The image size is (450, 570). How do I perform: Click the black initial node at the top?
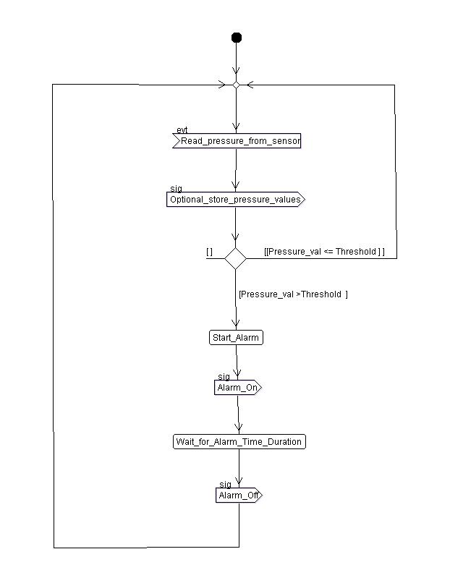tap(236, 38)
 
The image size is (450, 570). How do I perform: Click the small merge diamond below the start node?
tap(236, 85)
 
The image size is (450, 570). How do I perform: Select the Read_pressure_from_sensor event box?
tap(237, 141)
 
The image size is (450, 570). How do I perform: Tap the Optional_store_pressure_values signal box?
tap(236, 199)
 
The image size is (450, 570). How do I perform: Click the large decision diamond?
tap(235, 258)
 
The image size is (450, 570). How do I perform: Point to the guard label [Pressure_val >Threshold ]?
tap(293, 294)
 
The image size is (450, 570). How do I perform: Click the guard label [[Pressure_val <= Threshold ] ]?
tap(324, 251)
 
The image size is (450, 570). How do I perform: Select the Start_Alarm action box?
tap(236, 337)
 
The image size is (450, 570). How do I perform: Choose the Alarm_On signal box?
tap(238, 388)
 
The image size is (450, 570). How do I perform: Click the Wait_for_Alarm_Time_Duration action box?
tap(239, 441)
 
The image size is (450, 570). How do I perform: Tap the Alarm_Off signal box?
tap(239, 495)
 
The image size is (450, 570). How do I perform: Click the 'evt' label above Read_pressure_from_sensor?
tap(182, 130)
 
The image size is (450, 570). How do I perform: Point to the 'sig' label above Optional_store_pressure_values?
tap(175, 188)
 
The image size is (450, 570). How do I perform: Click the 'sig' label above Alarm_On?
tap(224, 377)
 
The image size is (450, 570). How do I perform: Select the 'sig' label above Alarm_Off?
tap(225, 485)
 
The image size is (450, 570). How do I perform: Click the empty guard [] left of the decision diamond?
tap(209, 251)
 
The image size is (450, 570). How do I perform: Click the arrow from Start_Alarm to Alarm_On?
tap(237, 362)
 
